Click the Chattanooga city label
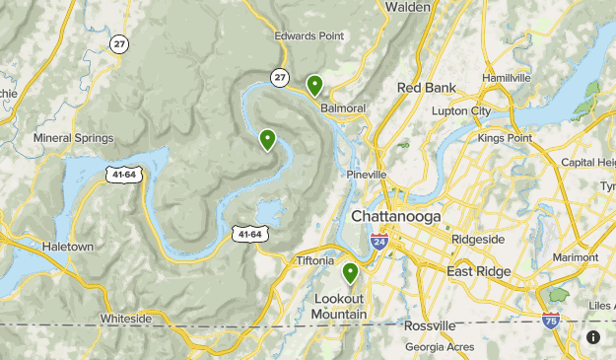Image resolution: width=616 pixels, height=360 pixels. tap(396, 216)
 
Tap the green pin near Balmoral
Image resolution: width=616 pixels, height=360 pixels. tap(314, 86)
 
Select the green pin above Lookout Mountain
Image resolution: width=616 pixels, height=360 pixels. tap(350, 273)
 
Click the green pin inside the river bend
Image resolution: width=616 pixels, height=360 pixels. tap(267, 140)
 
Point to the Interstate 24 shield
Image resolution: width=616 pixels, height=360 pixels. tap(379, 240)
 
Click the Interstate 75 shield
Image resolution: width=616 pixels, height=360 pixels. tap(551, 321)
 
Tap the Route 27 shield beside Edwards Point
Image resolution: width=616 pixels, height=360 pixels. tap(281, 77)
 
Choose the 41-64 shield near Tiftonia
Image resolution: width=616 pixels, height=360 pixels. tap(248, 233)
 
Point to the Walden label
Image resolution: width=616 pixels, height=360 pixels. tap(407, 7)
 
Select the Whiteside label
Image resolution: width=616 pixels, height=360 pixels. tap(126, 320)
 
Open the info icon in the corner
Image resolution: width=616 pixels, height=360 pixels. tap(592, 337)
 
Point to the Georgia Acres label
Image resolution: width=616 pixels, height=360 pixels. tap(440, 347)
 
